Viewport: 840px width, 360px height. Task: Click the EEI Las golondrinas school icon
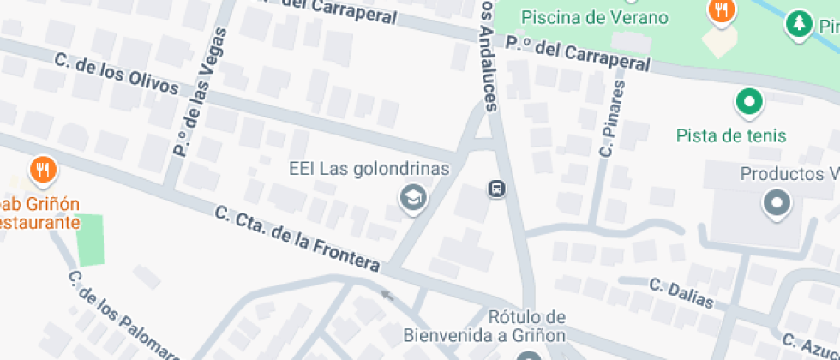coord(413,199)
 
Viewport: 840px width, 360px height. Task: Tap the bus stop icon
coord(496,189)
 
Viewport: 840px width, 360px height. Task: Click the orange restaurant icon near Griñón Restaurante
coord(43,170)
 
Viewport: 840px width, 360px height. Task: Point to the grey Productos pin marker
coord(777,205)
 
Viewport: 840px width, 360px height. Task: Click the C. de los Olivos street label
coord(116,75)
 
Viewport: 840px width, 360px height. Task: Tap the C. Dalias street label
coord(681,292)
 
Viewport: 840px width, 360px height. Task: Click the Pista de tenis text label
coord(730,136)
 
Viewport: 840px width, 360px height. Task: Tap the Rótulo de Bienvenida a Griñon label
coord(527,325)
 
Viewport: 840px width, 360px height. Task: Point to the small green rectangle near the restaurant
coord(90,240)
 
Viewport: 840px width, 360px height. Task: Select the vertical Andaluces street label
coord(488,56)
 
